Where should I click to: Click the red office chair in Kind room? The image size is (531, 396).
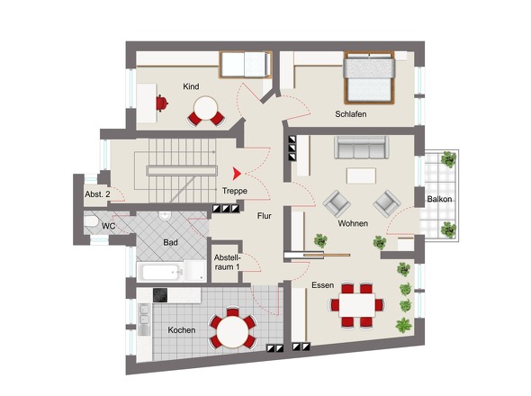[x=162, y=103]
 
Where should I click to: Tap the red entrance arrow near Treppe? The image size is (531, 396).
[x=237, y=174]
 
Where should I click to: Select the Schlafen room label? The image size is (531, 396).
[x=350, y=114]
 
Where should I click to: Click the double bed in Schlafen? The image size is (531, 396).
[x=369, y=77]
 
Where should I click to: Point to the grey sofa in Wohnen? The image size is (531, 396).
[x=361, y=148]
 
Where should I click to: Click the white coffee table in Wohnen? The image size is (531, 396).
[x=361, y=175]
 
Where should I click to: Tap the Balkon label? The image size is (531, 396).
[x=439, y=199]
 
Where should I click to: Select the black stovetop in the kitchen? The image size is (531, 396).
[x=160, y=295]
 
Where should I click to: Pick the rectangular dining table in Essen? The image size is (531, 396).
[x=357, y=305]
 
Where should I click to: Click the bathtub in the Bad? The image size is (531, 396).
[x=163, y=272]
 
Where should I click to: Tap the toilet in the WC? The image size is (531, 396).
[x=91, y=221]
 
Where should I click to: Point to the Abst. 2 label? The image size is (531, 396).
[x=97, y=194]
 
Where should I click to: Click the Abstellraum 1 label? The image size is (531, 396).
[x=227, y=262]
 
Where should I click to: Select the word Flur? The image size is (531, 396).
[x=264, y=216]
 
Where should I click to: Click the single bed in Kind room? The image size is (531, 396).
[x=246, y=65]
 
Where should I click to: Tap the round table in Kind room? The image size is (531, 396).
[x=205, y=108]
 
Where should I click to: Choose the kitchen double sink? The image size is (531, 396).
[x=145, y=314]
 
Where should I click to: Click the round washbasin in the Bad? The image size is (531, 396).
[x=165, y=215]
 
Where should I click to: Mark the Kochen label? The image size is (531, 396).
[x=182, y=330]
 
